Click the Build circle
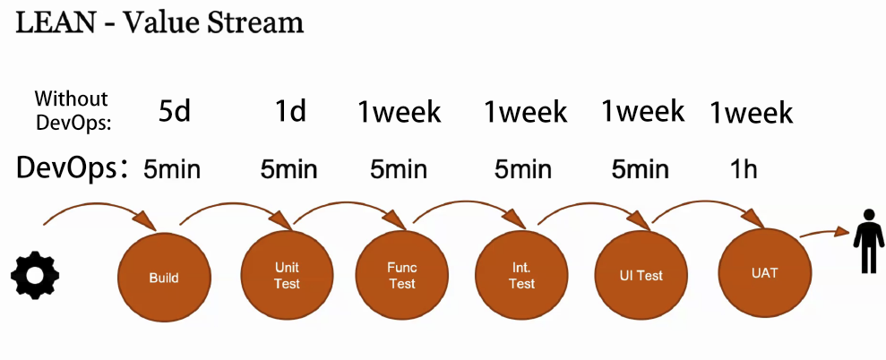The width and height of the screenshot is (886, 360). [164, 278]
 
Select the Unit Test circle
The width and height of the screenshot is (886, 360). [287, 276]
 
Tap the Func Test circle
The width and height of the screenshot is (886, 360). [401, 275]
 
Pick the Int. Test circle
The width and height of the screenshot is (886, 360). [521, 277]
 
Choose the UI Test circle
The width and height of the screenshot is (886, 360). [641, 276]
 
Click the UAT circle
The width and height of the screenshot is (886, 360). [765, 273]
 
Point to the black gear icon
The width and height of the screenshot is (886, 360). [35, 277]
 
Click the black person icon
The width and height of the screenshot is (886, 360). [868, 242]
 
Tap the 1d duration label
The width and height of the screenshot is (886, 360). [290, 111]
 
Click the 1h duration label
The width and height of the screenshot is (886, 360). [743, 169]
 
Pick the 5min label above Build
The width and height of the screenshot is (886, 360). [172, 169]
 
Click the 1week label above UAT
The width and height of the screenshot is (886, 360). [752, 113]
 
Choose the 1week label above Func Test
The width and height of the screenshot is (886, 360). [400, 112]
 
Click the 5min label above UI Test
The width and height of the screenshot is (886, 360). [641, 169]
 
